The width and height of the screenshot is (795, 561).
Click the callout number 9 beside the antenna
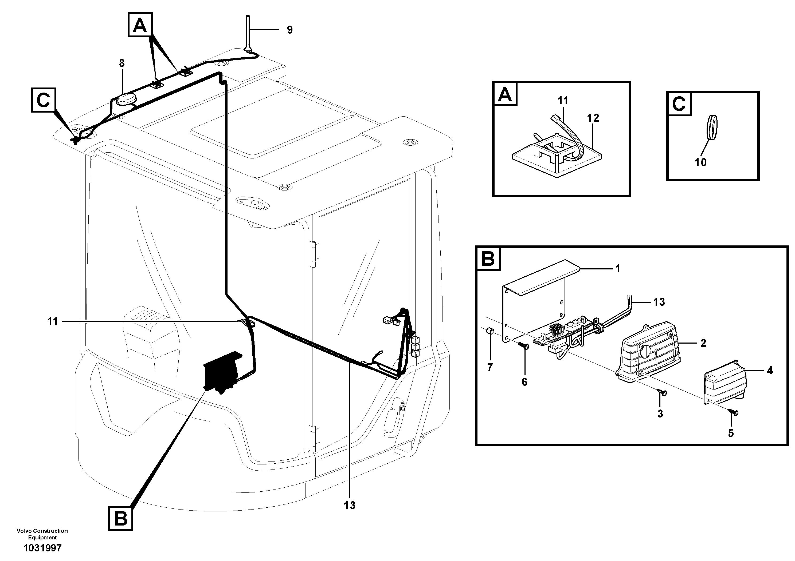click(289, 30)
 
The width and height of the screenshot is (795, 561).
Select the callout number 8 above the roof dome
click(122, 63)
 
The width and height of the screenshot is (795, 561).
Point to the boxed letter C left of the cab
click(43, 100)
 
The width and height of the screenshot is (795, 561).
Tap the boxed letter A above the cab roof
click(140, 25)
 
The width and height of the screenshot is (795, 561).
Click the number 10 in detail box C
click(700, 162)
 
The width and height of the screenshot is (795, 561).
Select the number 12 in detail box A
click(593, 118)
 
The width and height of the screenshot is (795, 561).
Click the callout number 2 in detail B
click(703, 343)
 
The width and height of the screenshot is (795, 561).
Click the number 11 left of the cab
click(52, 322)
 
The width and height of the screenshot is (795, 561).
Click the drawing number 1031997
click(42, 548)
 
